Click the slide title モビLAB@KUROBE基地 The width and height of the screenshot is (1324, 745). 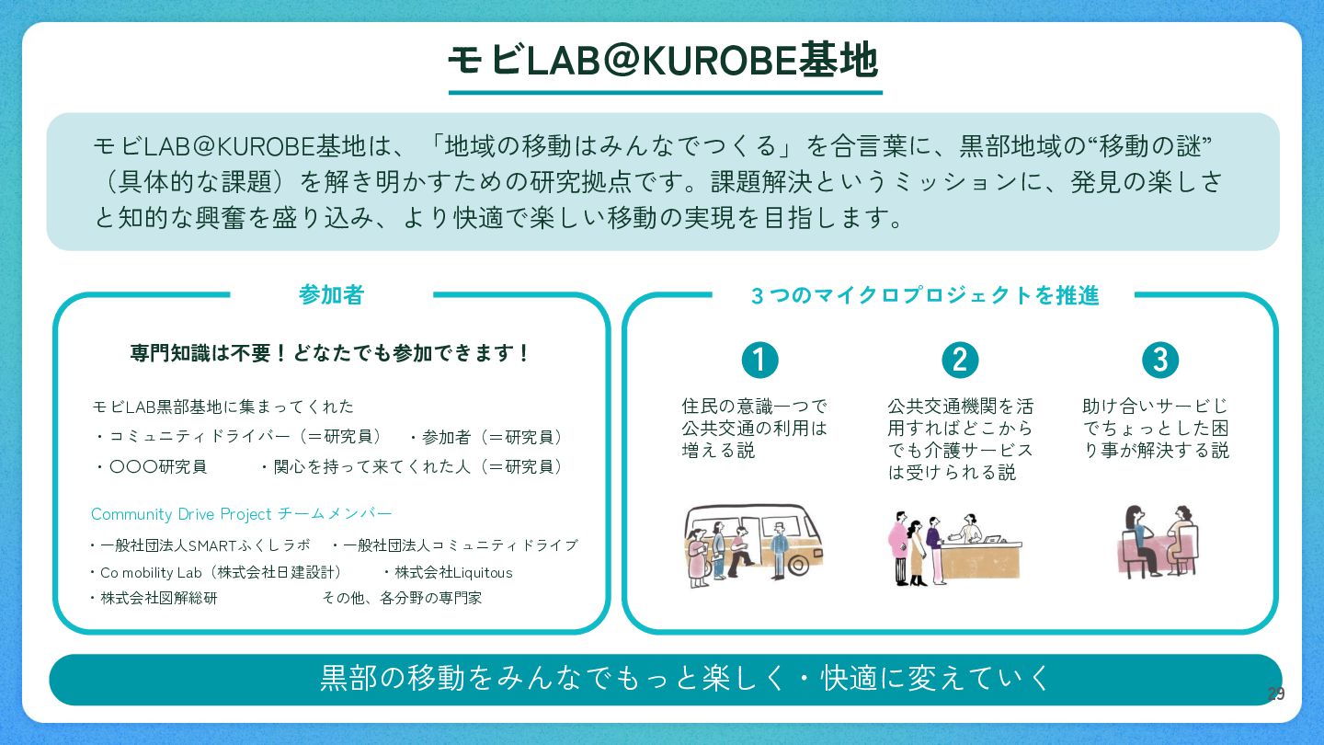(x=662, y=61)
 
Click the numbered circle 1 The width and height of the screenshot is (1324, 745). (x=759, y=360)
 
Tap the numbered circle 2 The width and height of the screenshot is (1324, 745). (x=960, y=360)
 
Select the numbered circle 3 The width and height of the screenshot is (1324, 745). (x=1159, y=360)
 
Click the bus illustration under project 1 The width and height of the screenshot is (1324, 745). (x=753, y=545)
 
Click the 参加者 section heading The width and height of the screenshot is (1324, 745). (x=331, y=295)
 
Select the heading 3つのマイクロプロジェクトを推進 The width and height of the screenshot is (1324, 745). (x=924, y=295)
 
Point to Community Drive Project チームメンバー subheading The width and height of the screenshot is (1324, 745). (x=241, y=513)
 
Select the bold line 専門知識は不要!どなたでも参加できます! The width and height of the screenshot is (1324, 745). (x=331, y=353)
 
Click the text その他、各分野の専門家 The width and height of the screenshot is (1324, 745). (x=402, y=598)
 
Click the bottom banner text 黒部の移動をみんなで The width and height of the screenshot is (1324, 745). (x=685, y=678)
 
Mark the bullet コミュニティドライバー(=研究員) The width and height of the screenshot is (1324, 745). (x=245, y=437)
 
